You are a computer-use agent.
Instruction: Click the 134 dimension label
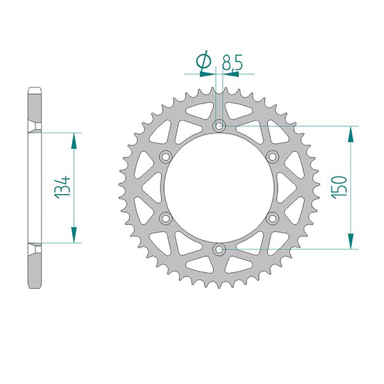(x=63, y=187)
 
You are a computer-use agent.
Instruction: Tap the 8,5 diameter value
(x=232, y=63)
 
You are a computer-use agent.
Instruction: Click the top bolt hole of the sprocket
(x=219, y=126)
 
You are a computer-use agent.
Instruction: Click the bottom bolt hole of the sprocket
(x=219, y=249)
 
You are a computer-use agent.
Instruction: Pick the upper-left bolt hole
(x=165, y=157)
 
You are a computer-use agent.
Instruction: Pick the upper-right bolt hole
(x=272, y=157)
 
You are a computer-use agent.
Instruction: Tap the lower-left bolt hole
(x=165, y=218)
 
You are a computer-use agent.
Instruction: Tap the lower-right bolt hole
(x=272, y=218)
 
